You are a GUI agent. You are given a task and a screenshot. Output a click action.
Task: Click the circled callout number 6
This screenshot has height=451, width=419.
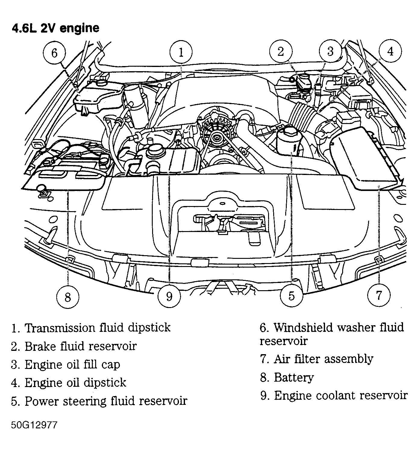54,53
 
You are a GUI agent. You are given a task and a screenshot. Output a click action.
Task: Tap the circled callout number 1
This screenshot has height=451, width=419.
181,52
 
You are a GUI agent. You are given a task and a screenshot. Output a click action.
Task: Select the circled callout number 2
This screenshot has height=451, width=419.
281,52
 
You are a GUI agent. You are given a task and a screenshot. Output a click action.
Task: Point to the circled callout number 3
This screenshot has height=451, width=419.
330,52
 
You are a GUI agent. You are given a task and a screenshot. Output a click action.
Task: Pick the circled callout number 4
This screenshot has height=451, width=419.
390,52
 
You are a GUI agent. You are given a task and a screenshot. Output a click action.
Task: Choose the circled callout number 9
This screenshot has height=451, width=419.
169,296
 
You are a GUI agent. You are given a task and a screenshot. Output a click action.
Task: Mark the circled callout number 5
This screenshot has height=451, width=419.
291,296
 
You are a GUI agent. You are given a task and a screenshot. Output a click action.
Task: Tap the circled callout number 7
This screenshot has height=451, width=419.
379,294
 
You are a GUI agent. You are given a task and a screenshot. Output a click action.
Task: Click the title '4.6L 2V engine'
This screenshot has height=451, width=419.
55,28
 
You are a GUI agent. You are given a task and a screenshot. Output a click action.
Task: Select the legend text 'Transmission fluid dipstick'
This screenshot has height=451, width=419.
97,328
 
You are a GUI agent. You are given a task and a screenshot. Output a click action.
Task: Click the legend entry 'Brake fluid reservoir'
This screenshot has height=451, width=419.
80,346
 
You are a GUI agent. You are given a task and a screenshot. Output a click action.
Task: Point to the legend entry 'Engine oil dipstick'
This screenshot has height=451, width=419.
75,383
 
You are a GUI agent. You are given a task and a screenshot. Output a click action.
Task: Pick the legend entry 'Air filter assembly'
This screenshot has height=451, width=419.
323,359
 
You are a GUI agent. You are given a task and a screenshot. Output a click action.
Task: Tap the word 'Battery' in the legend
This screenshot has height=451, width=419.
294,377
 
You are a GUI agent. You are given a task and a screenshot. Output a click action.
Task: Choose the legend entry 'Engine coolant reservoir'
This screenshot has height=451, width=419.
340,395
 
